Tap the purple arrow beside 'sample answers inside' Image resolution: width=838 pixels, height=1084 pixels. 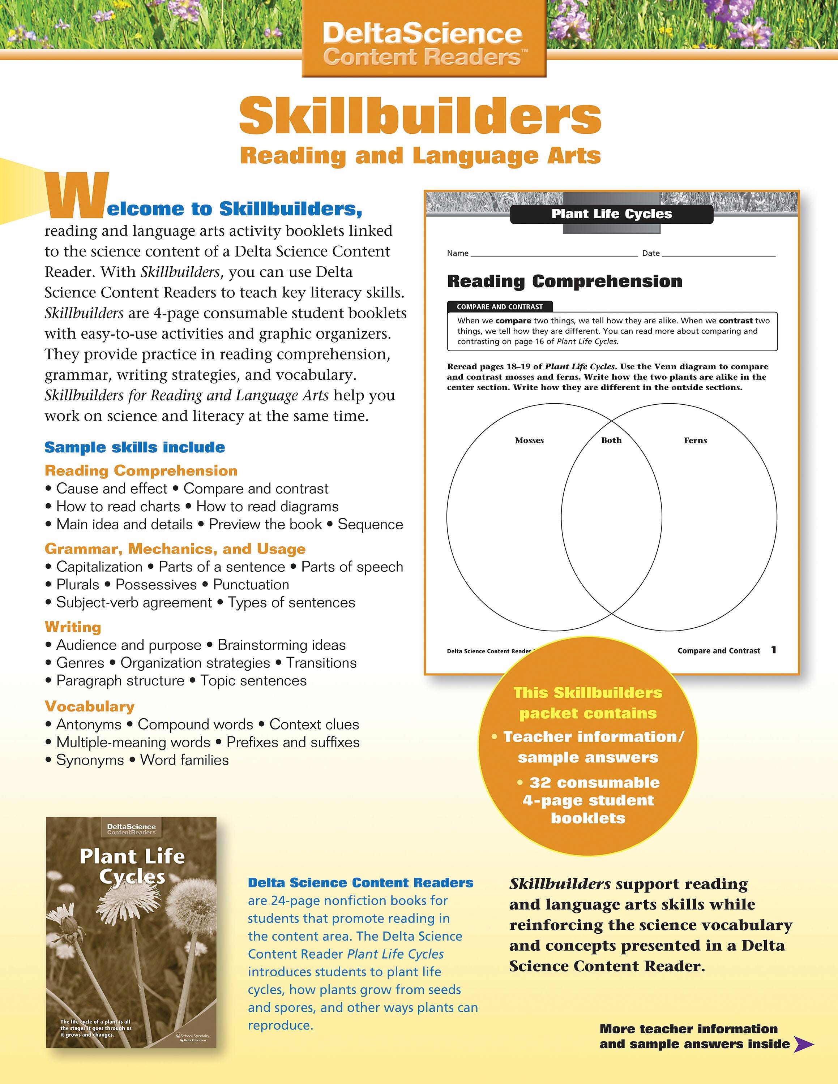(803, 1044)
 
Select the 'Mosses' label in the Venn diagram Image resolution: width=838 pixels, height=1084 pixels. (529, 440)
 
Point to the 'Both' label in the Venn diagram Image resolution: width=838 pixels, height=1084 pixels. (611, 440)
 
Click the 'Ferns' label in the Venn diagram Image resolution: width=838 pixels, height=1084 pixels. (695, 440)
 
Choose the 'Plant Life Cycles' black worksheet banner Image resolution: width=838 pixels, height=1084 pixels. (612, 214)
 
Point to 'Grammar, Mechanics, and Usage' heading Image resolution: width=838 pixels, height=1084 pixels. (175, 549)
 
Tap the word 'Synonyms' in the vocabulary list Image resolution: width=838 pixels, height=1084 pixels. (90, 760)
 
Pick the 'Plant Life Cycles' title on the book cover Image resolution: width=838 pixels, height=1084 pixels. (132, 866)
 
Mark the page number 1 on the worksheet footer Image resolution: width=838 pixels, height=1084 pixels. (773, 650)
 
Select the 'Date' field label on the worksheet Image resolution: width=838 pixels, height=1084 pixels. (650, 253)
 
